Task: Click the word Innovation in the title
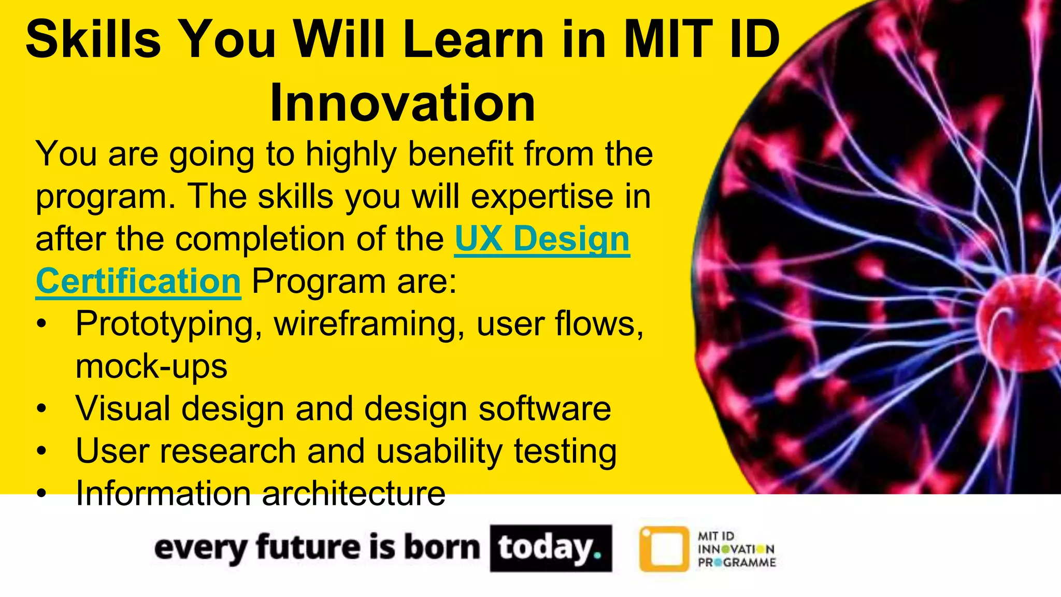pos(403,103)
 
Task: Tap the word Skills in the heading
pos(93,39)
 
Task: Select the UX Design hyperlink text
pos(542,239)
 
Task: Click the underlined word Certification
pos(138,281)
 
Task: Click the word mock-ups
pos(151,366)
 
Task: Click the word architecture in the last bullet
pos(353,493)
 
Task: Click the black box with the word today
pos(551,548)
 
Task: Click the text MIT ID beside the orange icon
pos(716,536)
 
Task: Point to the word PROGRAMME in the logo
pos(737,563)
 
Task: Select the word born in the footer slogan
pos(442,548)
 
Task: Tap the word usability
pos(439,451)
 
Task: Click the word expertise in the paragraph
pos(542,197)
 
